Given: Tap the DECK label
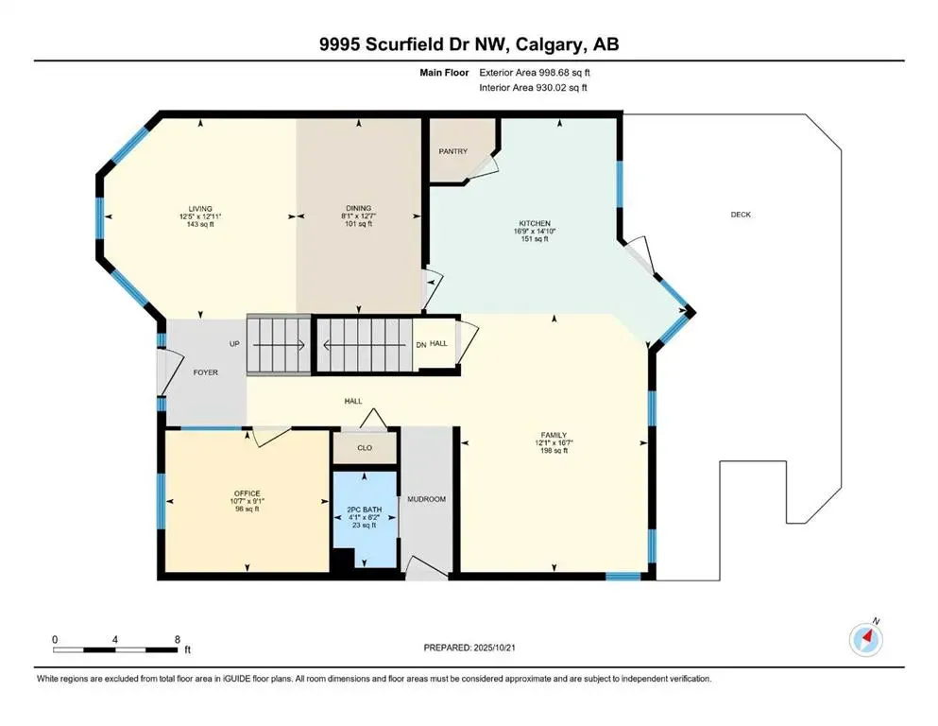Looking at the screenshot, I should pyautogui.click(x=741, y=215).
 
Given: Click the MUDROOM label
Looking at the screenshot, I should pyautogui.click(x=425, y=498).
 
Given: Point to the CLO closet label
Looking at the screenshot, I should pyautogui.click(x=364, y=449).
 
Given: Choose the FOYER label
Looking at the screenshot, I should pyautogui.click(x=205, y=372).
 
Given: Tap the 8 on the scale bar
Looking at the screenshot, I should pyautogui.click(x=177, y=640).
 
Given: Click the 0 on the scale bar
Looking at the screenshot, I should pyautogui.click(x=55, y=640).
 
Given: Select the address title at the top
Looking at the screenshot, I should pyautogui.click(x=469, y=43).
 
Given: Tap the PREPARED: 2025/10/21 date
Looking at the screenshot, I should pyautogui.click(x=469, y=648).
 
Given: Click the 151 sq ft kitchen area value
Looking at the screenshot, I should pyautogui.click(x=534, y=239).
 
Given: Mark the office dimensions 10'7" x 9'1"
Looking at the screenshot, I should pyautogui.click(x=247, y=501).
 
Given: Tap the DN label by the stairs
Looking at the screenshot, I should pyautogui.click(x=420, y=344).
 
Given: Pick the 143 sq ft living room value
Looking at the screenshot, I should pyautogui.click(x=198, y=224).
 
